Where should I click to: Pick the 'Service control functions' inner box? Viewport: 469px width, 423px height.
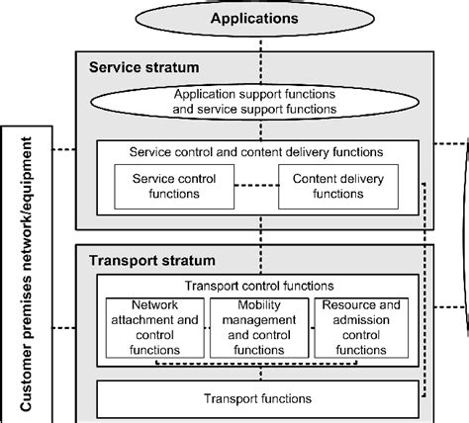pos(159,186)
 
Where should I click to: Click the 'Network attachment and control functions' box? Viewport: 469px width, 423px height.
pos(148,327)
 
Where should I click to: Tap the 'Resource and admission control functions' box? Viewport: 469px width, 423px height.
pos(363,327)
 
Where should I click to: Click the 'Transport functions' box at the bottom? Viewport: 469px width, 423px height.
pos(257,398)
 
